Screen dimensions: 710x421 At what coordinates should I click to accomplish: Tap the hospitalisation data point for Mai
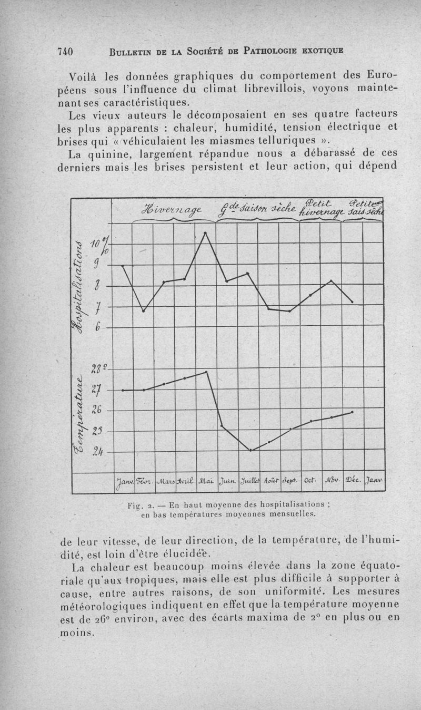click(206, 232)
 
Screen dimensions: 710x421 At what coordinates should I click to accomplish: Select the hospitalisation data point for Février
click(143, 310)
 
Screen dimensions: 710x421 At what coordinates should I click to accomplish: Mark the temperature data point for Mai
click(206, 372)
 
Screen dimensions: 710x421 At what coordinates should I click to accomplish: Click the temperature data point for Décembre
click(352, 412)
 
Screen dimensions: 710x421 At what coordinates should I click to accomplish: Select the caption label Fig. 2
click(138, 504)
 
